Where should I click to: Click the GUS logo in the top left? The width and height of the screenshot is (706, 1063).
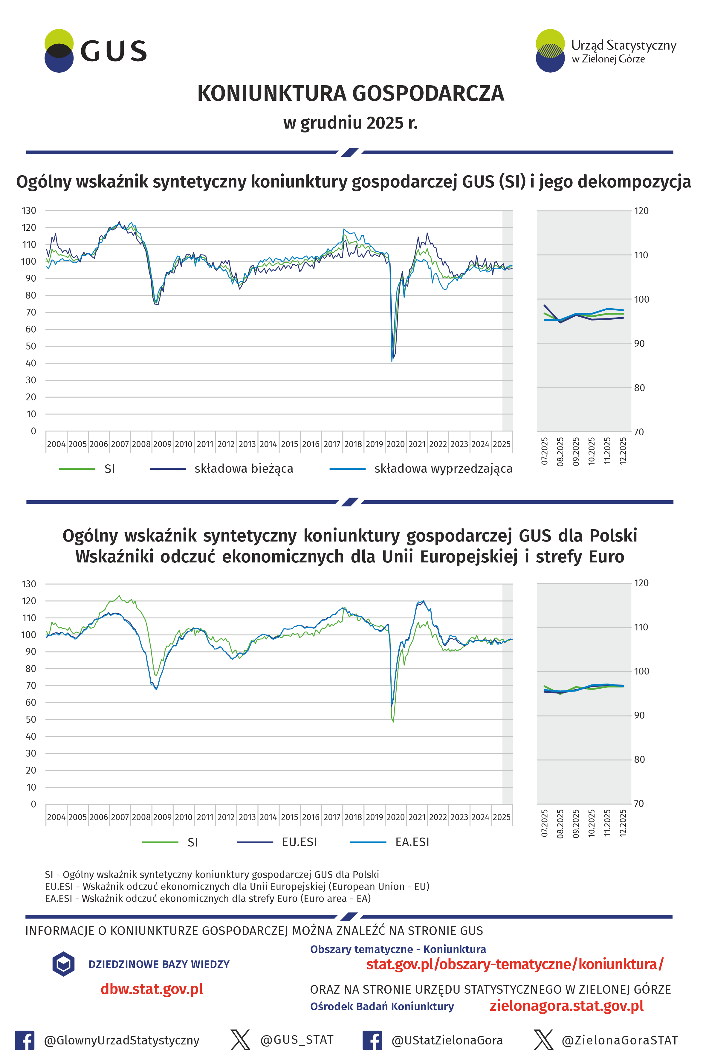[95, 51]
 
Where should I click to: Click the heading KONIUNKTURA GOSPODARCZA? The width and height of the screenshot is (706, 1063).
[350, 94]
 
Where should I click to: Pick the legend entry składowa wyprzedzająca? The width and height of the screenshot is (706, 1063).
[443, 469]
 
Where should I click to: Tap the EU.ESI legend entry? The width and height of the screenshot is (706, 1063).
[299, 842]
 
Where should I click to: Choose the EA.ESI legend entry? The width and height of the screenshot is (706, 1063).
[412, 842]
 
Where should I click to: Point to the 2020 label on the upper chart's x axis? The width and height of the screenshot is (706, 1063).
[395, 444]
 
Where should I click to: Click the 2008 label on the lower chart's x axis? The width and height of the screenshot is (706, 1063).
[141, 817]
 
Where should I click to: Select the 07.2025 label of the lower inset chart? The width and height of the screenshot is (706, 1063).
[544, 823]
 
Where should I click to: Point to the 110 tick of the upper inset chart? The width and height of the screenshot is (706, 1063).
[641, 255]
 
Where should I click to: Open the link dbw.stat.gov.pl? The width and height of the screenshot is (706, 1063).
[152, 989]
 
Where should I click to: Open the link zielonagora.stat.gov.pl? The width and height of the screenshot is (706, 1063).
[566, 1006]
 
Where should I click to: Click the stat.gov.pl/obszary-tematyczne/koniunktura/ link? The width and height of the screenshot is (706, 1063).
[515, 964]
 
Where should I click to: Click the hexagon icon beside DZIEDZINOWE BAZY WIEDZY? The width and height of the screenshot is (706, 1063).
[63, 964]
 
